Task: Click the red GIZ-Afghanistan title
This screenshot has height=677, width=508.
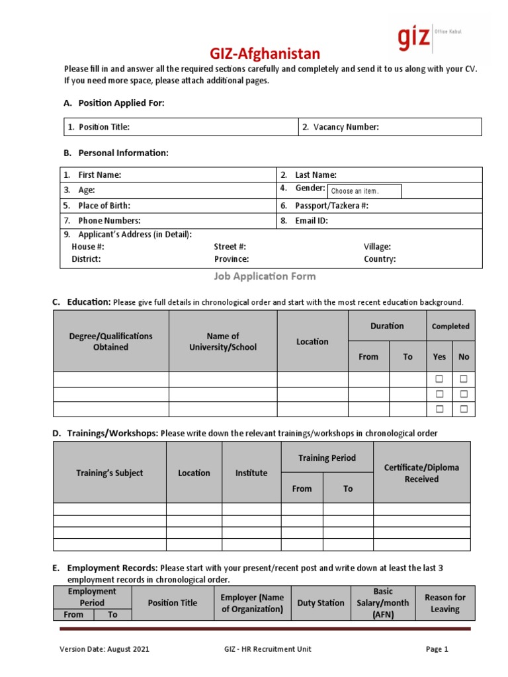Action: click(x=255, y=54)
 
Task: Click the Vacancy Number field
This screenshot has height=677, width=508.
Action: click(x=390, y=127)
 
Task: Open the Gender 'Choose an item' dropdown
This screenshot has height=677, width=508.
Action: click(x=364, y=191)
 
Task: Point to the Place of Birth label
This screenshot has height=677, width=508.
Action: click(x=104, y=206)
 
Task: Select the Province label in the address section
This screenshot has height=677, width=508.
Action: click(x=231, y=259)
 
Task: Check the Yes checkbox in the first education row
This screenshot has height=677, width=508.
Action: click(x=439, y=379)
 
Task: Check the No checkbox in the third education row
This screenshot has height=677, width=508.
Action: click(x=464, y=409)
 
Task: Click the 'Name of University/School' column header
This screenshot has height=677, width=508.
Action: click(x=223, y=341)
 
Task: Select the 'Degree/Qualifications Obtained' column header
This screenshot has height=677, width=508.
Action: click(x=110, y=341)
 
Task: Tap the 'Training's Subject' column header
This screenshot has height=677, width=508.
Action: click(x=109, y=473)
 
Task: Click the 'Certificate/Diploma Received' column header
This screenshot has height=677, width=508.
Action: click(x=421, y=473)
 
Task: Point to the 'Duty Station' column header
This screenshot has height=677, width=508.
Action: click(x=321, y=603)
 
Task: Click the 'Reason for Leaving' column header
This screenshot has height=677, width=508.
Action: click(x=444, y=603)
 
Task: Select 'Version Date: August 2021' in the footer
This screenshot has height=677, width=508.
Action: click(x=105, y=649)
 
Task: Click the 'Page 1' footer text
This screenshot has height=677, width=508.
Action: click(x=437, y=649)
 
